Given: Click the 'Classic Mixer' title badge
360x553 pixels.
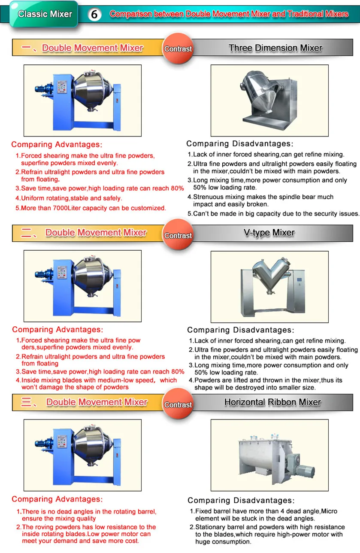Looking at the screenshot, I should tap(45, 14).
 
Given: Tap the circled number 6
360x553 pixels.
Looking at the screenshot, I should tap(94, 15).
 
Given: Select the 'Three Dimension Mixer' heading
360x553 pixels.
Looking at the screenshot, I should tap(275, 48).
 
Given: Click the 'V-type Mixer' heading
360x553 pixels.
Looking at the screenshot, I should tap(269, 233).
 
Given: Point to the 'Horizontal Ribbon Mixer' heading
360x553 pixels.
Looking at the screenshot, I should tap(272, 402).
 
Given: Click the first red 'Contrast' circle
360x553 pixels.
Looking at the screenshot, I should tap(178, 49).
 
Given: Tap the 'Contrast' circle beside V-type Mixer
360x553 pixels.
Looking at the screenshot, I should tap(178, 235).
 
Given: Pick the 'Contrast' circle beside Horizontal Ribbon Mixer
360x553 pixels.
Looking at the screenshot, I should tap(178, 404).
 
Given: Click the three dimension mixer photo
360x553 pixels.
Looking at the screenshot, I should tap(269, 100).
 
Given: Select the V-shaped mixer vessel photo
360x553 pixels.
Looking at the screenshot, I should tap(269, 286).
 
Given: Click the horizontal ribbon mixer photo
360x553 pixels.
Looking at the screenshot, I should tap(269, 455).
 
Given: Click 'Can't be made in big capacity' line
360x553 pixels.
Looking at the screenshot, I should tap(273, 213).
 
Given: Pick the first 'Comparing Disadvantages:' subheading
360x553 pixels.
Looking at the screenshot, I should tap(239, 144).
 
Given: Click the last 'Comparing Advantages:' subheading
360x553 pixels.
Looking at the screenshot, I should tap(57, 499).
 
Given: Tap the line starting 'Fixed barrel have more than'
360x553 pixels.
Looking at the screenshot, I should tap(266, 511).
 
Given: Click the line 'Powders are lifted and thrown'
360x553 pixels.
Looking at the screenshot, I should tap(268, 380).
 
